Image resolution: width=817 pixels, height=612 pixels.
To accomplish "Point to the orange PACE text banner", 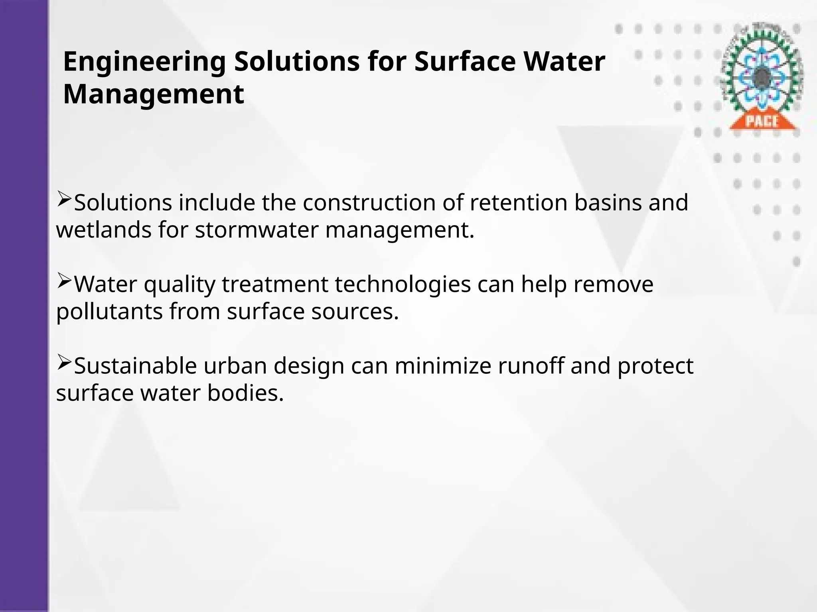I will (x=762, y=121).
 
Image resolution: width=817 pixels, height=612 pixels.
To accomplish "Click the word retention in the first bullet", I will (x=519, y=202).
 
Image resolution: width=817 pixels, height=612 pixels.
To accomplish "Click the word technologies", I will (x=403, y=284).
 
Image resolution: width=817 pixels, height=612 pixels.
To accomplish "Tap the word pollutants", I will (x=109, y=312).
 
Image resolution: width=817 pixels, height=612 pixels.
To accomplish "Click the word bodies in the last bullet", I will (x=245, y=393).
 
